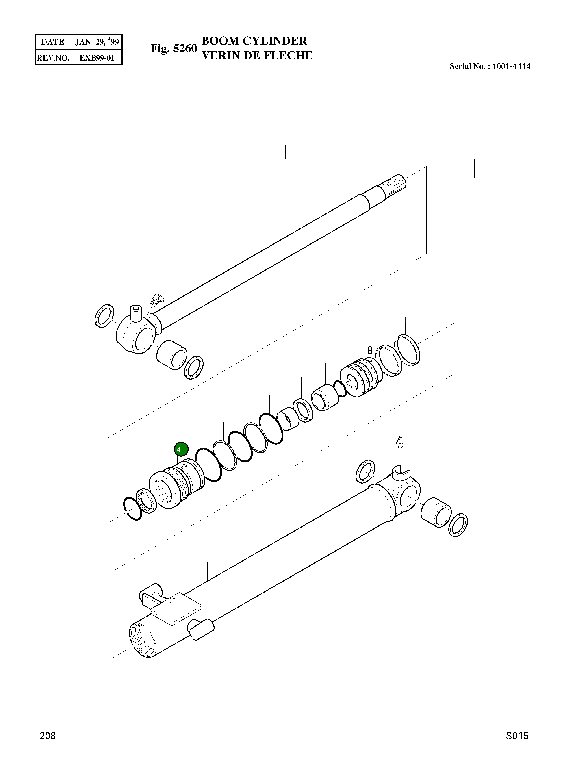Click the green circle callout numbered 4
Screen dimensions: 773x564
coord(181,449)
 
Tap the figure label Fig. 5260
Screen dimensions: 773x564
coord(174,48)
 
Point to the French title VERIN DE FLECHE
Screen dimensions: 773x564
coord(257,55)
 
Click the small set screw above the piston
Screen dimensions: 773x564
coord(370,350)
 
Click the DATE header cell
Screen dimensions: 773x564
coord(53,42)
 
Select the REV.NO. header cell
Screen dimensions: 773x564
coord(53,58)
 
